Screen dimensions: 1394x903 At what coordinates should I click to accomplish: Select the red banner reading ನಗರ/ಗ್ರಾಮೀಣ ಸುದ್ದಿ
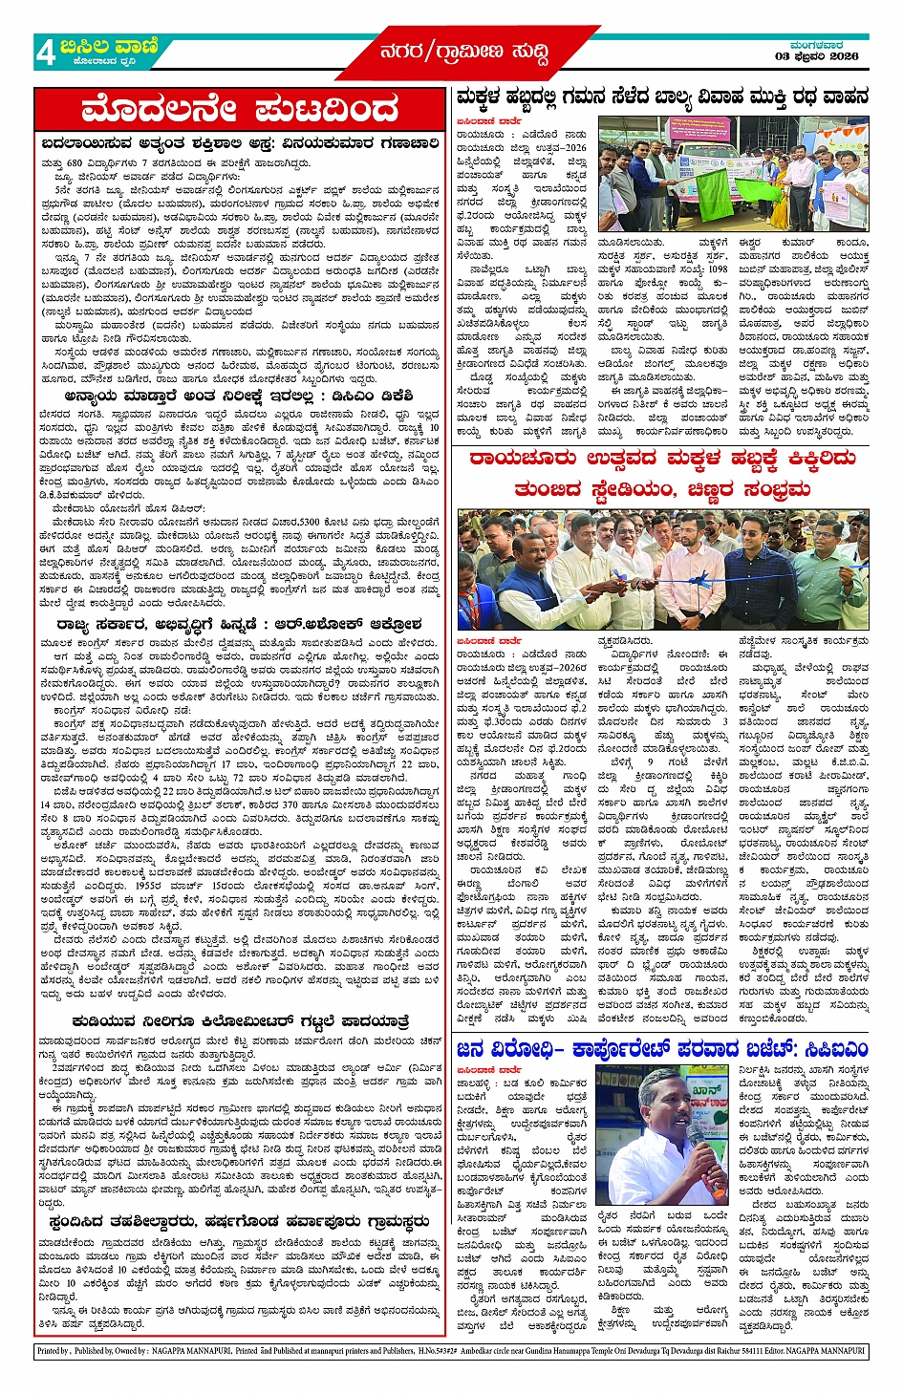tap(465, 53)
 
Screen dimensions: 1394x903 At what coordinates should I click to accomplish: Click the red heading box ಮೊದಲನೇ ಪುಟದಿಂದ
tap(240, 110)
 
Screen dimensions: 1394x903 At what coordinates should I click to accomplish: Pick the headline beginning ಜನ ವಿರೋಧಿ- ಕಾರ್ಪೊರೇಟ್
tap(661, 1049)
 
